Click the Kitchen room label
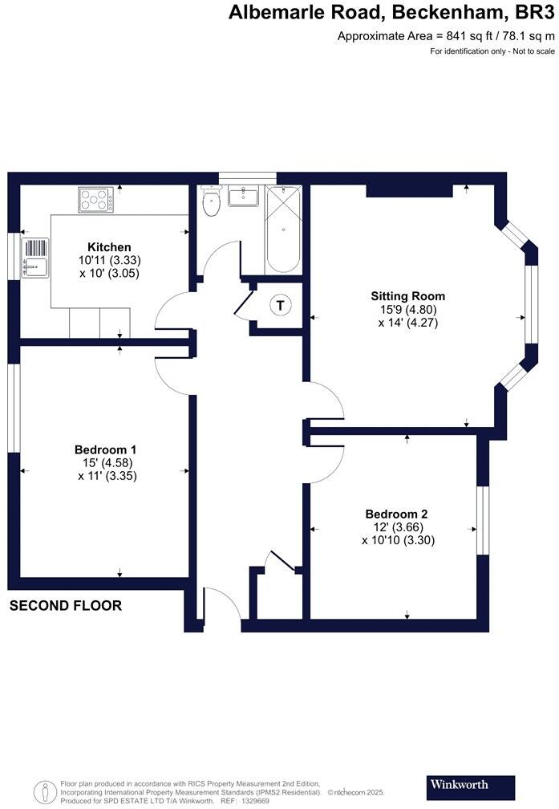coord(109,247)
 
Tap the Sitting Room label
coord(413,296)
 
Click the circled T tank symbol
coord(280,305)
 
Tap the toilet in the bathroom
coord(212,202)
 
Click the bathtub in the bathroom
coord(284,230)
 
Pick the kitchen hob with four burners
coord(95,199)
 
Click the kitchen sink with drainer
coord(36,258)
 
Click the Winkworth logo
coord(460,784)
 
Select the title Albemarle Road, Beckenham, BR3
coord(391,13)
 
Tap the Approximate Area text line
coord(446,36)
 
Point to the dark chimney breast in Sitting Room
coord(408,191)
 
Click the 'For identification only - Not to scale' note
coord(492,51)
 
